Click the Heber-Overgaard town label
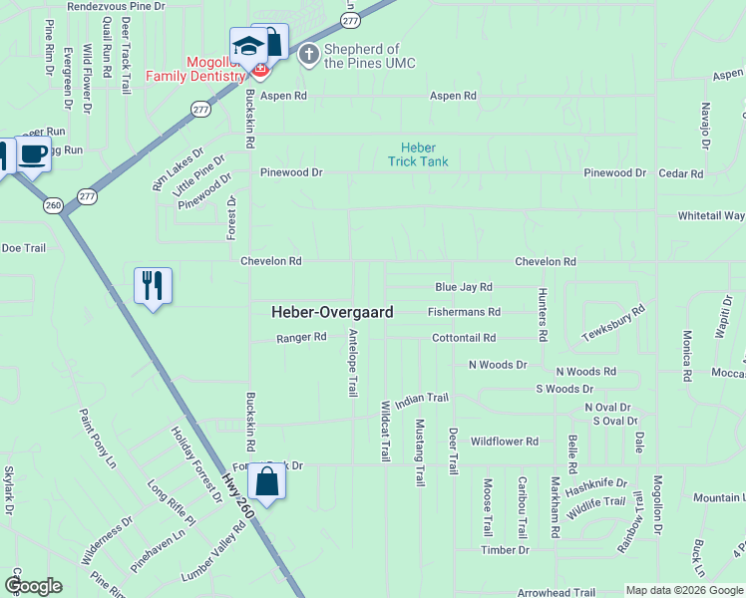click(x=332, y=312)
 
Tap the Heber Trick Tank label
click(x=418, y=154)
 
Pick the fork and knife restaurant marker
click(x=153, y=285)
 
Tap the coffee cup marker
click(x=34, y=154)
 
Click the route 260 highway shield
click(x=53, y=205)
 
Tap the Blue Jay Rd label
click(x=464, y=287)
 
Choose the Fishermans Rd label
click(x=464, y=312)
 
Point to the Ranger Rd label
click(x=301, y=338)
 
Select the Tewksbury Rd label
click(x=613, y=324)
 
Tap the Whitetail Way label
click(x=711, y=215)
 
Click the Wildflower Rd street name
click(x=505, y=442)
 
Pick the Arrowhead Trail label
click(x=562, y=592)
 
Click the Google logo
click(x=34, y=586)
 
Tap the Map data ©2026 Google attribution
click(x=684, y=591)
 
